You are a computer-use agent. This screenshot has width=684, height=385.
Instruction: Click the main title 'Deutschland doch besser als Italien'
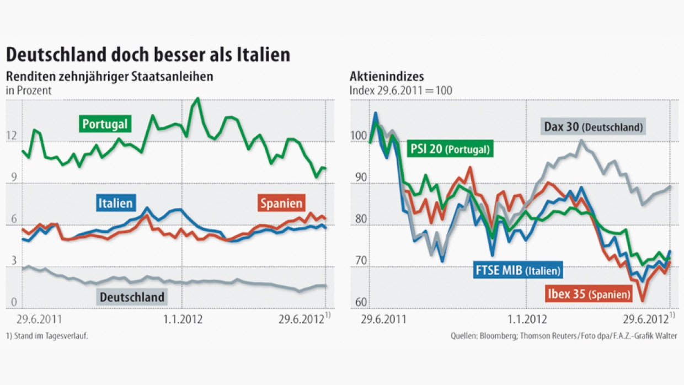point(148,55)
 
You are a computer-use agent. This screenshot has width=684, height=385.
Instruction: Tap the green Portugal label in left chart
point(105,124)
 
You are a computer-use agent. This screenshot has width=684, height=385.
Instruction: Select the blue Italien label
point(115,203)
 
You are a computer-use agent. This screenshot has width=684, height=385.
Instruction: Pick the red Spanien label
point(281,203)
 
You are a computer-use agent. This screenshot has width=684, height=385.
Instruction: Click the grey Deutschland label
point(132,297)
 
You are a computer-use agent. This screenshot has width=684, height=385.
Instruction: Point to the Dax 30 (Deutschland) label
point(593,127)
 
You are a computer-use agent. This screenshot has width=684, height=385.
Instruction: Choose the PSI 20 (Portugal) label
point(449,149)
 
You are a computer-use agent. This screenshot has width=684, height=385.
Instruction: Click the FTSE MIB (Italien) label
point(517,270)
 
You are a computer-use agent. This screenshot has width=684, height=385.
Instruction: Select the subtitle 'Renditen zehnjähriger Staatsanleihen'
point(109,77)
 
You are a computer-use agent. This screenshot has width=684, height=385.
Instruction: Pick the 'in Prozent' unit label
point(29,90)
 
